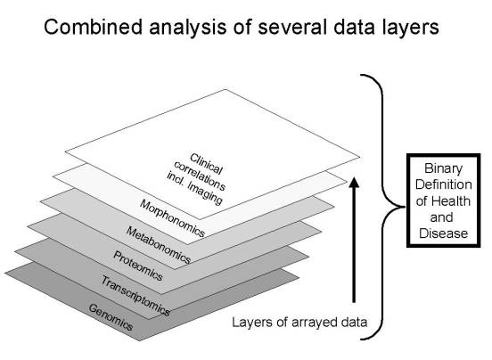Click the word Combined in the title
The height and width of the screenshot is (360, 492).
click(94, 27)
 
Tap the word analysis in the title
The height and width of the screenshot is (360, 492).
click(188, 28)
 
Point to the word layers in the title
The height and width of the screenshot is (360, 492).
click(409, 28)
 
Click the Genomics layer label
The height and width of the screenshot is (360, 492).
click(111, 317)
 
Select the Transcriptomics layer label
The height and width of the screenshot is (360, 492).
click(135, 296)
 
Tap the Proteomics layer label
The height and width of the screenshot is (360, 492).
click(138, 266)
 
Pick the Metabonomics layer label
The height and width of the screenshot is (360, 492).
click(158, 245)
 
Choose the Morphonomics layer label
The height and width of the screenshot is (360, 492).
click(172, 218)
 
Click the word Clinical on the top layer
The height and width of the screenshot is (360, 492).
click(206, 163)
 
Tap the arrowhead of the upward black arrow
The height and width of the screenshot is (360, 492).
click(354, 182)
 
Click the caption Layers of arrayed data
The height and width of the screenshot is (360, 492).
click(299, 323)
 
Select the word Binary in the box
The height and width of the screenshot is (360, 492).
click(443, 168)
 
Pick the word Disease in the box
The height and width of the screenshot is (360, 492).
click(443, 233)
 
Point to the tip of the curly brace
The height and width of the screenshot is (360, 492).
click(404, 207)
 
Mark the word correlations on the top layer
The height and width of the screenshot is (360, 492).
click(200, 176)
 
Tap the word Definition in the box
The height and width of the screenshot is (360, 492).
click(443, 184)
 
